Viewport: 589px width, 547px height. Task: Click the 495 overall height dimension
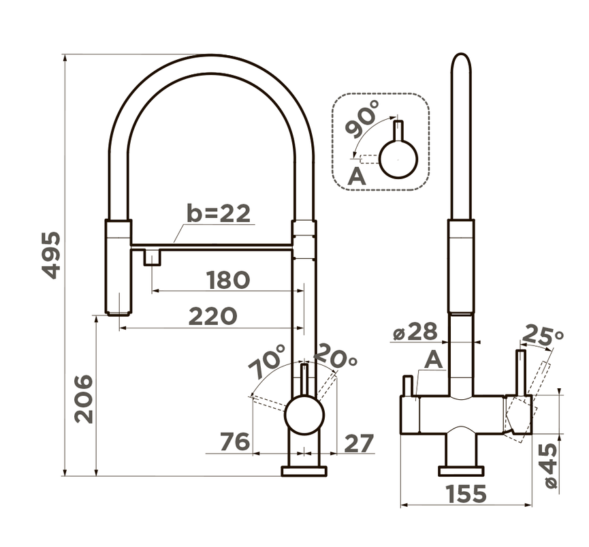50,255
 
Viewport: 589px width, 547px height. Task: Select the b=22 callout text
219,213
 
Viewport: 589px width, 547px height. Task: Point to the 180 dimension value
228,279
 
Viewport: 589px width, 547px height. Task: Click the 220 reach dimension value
212,315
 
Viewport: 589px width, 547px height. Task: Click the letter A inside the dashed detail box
356,176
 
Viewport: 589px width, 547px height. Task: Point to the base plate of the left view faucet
304,471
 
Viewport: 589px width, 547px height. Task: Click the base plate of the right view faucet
461,471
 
